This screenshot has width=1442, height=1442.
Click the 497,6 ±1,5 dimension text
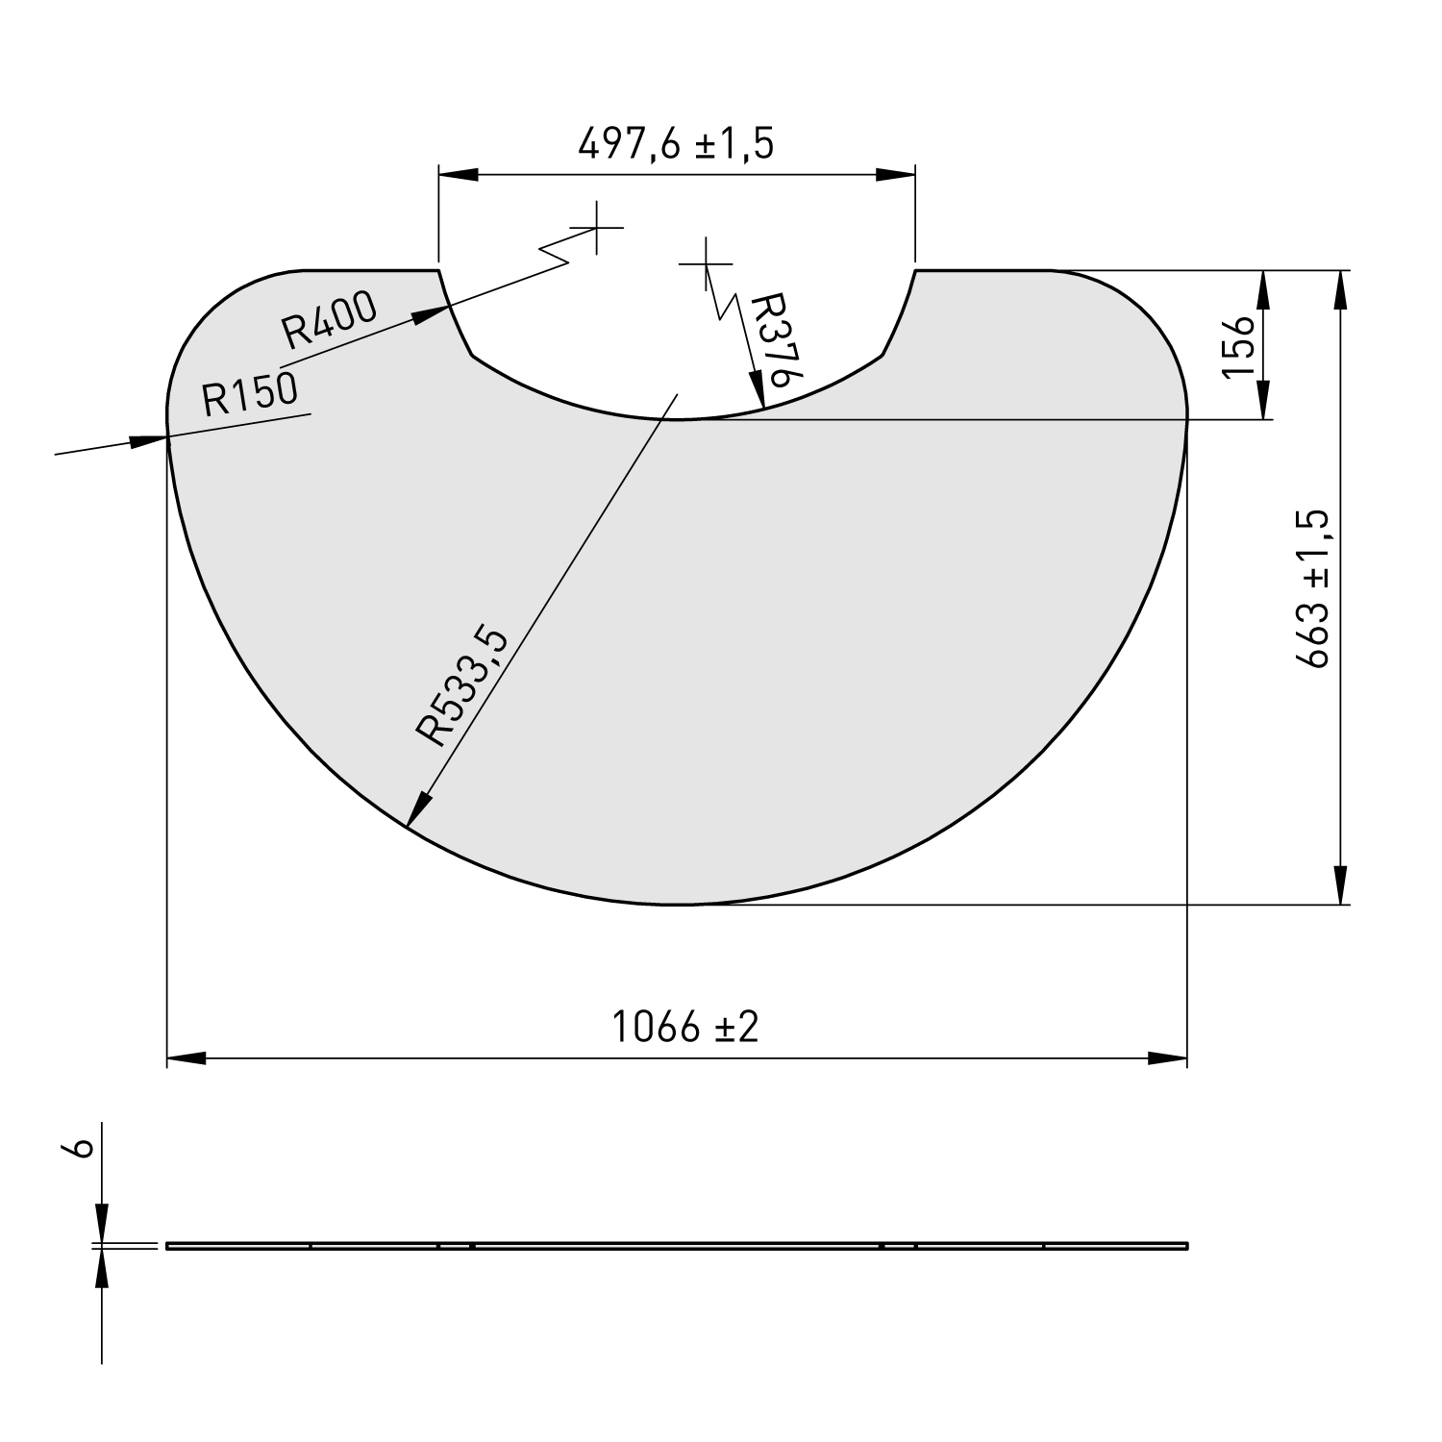tap(675, 144)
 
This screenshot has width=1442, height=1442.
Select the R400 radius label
tap(330, 320)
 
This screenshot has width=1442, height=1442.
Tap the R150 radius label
tap(250, 394)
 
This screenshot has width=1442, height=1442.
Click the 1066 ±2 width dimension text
tap(685, 1028)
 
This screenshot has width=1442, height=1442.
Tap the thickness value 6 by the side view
tap(83, 1148)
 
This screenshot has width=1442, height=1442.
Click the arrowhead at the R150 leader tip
tap(150, 440)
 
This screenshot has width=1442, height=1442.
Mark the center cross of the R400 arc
tap(597, 228)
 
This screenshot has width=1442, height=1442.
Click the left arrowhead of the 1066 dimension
tap(185, 1059)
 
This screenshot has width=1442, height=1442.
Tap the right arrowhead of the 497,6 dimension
tap(896, 174)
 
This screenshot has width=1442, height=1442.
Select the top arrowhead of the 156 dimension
tap(1262, 288)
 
